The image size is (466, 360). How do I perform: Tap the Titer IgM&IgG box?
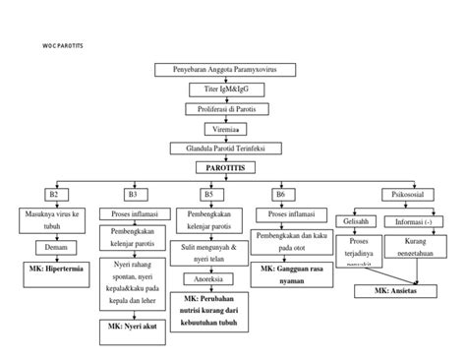click(x=226, y=89)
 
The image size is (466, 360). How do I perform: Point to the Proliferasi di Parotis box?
click(x=226, y=108)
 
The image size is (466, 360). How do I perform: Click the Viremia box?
click(x=226, y=129)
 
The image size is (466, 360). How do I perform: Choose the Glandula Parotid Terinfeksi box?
click(x=226, y=149)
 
